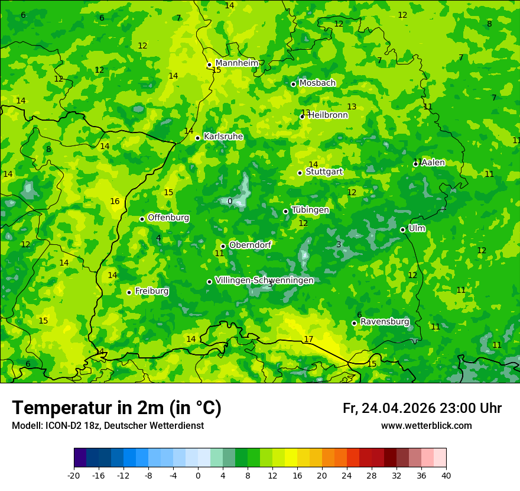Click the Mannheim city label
(x=237, y=63)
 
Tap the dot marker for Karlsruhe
(x=197, y=138)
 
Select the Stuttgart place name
(x=324, y=172)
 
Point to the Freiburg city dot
(x=129, y=292)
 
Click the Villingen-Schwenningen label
(x=264, y=280)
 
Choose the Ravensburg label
(x=385, y=322)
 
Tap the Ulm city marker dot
(x=402, y=230)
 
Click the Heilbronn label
(x=328, y=115)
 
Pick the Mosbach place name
(x=317, y=83)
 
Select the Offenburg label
(x=168, y=218)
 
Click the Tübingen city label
(x=310, y=210)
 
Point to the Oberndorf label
(x=251, y=245)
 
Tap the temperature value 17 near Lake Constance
(x=308, y=339)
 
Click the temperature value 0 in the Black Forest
(x=230, y=202)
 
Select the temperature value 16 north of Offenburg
(x=115, y=201)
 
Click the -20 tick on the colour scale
(x=74, y=475)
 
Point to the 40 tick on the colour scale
(x=446, y=475)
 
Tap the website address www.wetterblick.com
(x=426, y=426)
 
